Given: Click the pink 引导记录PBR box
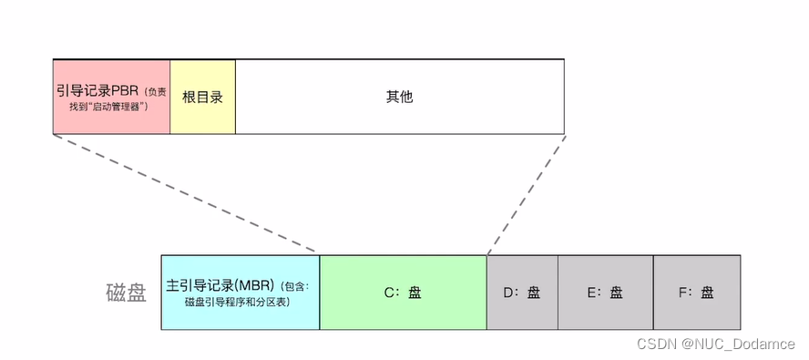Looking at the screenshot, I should [x=111, y=96].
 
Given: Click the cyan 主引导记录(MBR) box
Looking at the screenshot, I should [x=241, y=293].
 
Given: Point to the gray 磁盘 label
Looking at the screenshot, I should [x=125, y=293].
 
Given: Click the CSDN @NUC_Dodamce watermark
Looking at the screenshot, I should [x=715, y=345].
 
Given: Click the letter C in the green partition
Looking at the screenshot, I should [x=388, y=293].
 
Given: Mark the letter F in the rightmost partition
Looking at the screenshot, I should [x=682, y=293].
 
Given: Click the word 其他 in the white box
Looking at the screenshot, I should [x=399, y=96].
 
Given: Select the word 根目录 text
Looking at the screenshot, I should [x=202, y=96].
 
